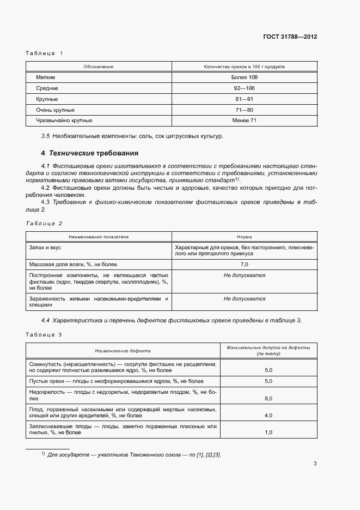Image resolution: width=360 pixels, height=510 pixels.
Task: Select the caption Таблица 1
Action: (45, 53)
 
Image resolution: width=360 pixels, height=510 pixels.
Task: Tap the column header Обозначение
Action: (99, 67)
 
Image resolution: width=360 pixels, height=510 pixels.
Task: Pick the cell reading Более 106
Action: (244, 77)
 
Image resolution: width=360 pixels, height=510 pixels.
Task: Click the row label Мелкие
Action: (46, 77)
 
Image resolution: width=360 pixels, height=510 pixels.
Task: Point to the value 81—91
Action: (244, 99)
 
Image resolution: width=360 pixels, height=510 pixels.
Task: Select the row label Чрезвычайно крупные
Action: (64, 121)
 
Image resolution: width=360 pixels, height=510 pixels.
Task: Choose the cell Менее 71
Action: (244, 121)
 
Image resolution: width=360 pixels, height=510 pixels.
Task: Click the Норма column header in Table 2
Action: (244, 237)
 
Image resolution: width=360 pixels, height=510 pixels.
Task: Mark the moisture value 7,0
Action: (244, 264)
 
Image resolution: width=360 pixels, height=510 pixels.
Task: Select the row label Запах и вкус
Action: (47, 247)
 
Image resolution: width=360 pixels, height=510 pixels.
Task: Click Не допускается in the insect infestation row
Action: (244, 299)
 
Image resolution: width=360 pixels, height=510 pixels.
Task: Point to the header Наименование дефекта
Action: (123, 351)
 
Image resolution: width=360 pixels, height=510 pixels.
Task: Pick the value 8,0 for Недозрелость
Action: (268, 399)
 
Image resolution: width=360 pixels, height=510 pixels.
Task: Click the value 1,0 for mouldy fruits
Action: (268, 433)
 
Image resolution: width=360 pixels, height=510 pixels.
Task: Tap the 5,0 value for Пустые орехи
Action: (268, 381)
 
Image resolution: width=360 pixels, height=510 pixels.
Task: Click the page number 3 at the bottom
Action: (315, 464)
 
